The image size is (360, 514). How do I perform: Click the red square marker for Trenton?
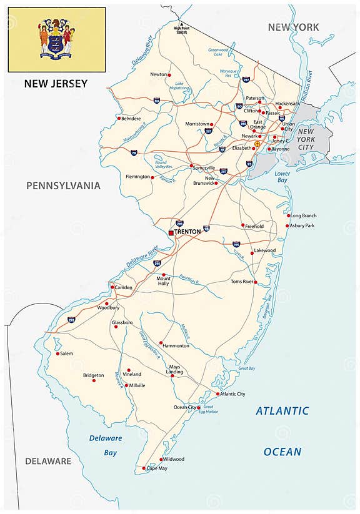point(171,232)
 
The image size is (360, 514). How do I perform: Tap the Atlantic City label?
point(232,394)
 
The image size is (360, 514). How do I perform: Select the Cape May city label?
point(157,468)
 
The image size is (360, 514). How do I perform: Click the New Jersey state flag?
point(56,39)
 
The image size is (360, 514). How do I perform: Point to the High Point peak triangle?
point(175,23)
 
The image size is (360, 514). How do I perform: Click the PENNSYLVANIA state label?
point(63,185)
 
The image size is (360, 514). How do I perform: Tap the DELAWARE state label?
point(48,461)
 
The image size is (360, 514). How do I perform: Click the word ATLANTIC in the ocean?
point(282,411)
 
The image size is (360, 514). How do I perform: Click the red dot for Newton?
point(170,75)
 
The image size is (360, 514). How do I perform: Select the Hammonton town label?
point(176,345)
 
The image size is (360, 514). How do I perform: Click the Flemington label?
point(137,177)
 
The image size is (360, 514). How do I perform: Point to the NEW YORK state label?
point(293,27)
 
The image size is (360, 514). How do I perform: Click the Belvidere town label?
point(130,118)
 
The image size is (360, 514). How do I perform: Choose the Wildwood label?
point(173,459)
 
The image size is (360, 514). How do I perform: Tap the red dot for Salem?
point(57,353)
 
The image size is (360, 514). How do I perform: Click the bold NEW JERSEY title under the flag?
point(56,84)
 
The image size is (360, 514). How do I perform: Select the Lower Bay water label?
point(282,177)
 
